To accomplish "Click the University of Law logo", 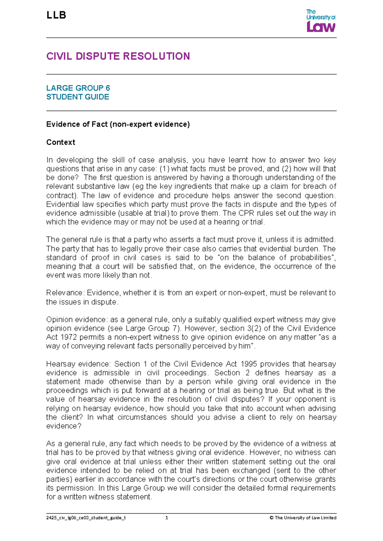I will [x=320, y=21].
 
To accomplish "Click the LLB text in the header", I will [x=56, y=15].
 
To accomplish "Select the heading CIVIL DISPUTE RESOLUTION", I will [x=118, y=56].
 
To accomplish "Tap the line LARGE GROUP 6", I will [x=78, y=88].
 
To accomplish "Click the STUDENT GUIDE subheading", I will [x=78, y=97].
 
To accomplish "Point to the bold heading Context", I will [x=61, y=142].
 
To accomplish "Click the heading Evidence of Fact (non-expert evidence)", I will [x=118, y=124].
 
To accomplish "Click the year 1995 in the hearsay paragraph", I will [x=249, y=364].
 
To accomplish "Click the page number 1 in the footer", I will [x=167, y=518].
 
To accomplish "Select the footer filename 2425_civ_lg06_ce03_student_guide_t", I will [x=86, y=518].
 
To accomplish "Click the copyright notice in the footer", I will [x=303, y=518].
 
